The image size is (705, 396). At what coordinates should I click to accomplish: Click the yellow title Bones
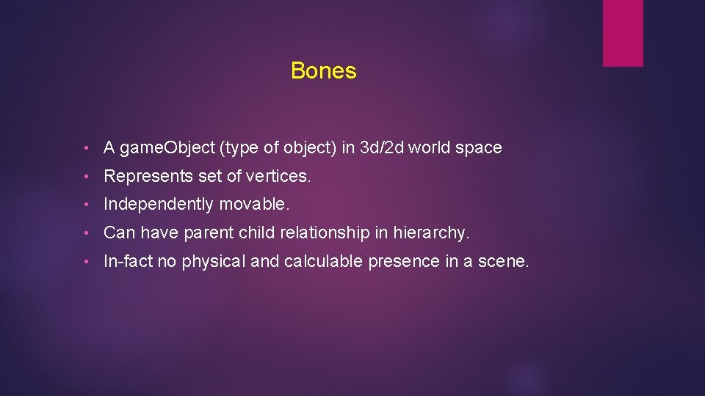coord(323,71)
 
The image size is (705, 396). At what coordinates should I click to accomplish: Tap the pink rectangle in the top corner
coord(623,33)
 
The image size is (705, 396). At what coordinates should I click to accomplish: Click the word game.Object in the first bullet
coord(167,148)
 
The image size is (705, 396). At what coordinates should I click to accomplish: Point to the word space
coord(478,148)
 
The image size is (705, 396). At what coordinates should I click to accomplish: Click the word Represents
coord(145,176)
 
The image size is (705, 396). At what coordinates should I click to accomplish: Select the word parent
coord(206,233)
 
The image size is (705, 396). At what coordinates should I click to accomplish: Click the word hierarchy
coord(430,233)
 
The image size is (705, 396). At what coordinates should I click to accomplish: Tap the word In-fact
coord(128,261)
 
